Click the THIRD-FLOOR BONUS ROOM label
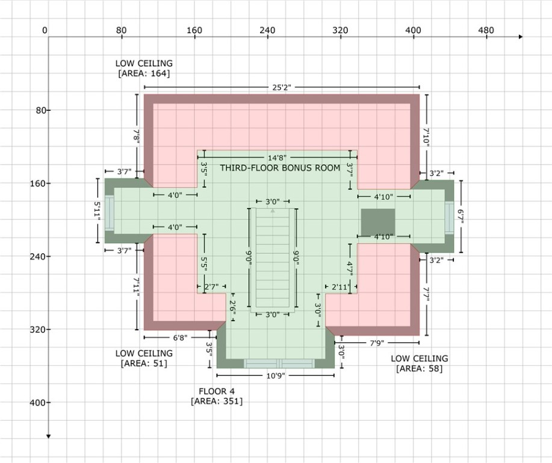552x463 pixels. pyautogui.click(x=280, y=168)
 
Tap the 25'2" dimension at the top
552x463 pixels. pyautogui.click(x=281, y=87)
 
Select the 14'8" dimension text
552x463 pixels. pyautogui.click(x=278, y=157)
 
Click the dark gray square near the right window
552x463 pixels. pyautogui.click(x=378, y=222)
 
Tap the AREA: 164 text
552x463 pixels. pyautogui.click(x=144, y=74)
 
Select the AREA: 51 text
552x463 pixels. pyautogui.click(x=144, y=364)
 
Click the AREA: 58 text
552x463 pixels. pyautogui.click(x=419, y=368)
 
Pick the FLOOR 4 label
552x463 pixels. pyautogui.click(x=217, y=391)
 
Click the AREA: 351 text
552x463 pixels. pyautogui.click(x=217, y=401)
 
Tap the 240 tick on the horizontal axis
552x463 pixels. pyautogui.click(x=267, y=30)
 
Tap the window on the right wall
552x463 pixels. pyautogui.click(x=449, y=217)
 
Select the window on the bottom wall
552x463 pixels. pyautogui.click(x=279, y=364)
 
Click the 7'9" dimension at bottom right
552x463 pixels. pyautogui.click(x=377, y=343)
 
